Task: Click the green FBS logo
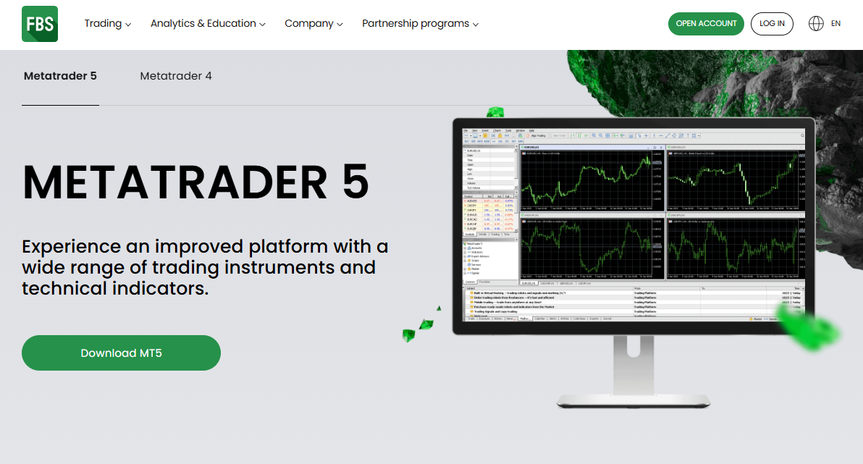pyautogui.click(x=39, y=24)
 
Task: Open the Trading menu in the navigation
pyautogui.click(x=103, y=24)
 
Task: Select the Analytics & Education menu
pyautogui.click(x=203, y=24)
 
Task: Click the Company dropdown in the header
pyautogui.click(x=309, y=24)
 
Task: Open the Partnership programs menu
pyautogui.click(x=416, y=24)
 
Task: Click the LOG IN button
pyautogui.click(x=772, y=24)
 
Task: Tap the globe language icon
pyautogui.click(x=816, y=24)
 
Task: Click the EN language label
pyautogui.click(x=835, y=24)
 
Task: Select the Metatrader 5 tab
pyautogui.click(x=60, y=76)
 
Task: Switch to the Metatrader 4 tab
pyautogui.click(x=176, y=76)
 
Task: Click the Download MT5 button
pyautogui.click(x=121, y=353)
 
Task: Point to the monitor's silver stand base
pyautogui.click(x=633, y=400)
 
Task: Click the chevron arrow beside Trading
pyautogui.click(x=128, y=25)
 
